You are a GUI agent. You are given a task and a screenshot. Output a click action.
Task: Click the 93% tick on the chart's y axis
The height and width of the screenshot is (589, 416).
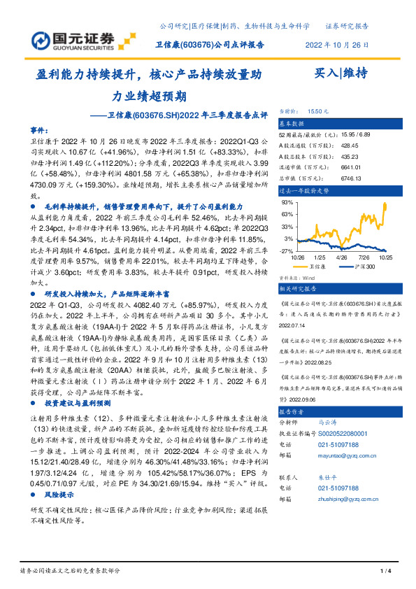click(287, 203)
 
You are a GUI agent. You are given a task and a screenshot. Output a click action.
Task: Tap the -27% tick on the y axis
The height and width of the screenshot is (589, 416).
click(287, 250)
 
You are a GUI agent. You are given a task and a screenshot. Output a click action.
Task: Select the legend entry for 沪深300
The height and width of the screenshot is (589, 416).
click(363, 267)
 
